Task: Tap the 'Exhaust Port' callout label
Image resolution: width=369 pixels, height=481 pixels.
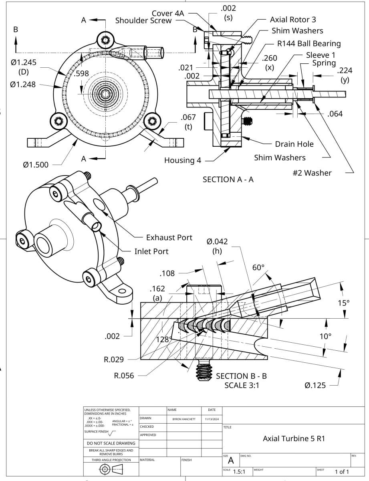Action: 169,237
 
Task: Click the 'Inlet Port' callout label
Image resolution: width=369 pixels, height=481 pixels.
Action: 151,251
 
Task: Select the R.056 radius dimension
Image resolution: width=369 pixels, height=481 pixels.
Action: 124,376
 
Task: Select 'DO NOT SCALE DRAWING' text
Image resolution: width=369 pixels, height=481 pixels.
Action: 111,443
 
